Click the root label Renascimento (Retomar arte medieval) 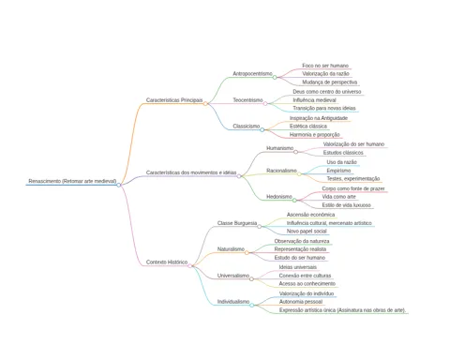[x=72, y=181]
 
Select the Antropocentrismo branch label [x=252, y=74]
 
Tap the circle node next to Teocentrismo [x=265, y=103]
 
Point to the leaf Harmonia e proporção [x=314, y=135]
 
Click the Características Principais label [x=174, y=100]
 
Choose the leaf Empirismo [x=338, y=171]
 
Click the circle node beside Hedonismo [x=294, y=200]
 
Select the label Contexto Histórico [x=167, y=262]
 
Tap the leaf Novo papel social [x=307, y=232]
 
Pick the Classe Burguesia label [x=237, y=223]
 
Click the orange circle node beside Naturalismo [x=247, y=252]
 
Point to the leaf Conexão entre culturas [x=305, y=276]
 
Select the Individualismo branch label [x=233, y=302]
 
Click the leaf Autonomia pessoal [x=301, y=302]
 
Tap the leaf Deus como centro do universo [x=327, y=92]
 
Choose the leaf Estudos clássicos [x=343, y=153]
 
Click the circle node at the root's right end [x=119, y=185]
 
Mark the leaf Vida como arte [x=338, y=197]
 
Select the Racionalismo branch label [x=281, y=171]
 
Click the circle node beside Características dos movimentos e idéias [x=239, y=176]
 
